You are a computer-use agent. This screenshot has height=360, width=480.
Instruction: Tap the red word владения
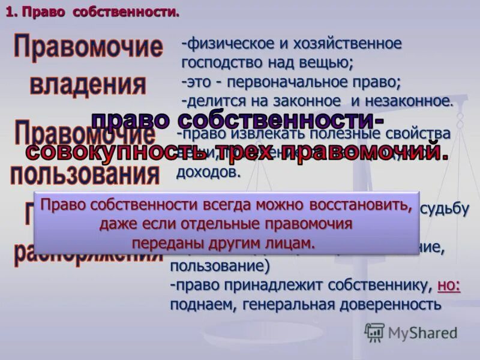tap(88, 84)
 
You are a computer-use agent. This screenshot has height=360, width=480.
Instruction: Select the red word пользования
tap(85, 175)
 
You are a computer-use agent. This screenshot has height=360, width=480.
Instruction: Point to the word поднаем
tap(202, 305)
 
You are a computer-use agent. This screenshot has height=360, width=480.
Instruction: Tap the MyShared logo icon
tap(374, 332)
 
